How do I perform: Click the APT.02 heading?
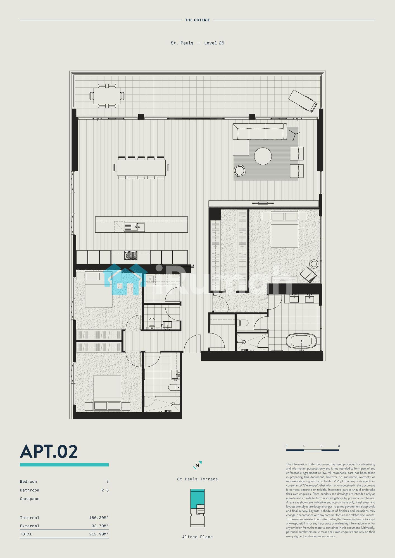coord(49,452)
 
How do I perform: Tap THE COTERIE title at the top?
coord(197,20)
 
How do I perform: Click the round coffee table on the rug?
coord(263,156)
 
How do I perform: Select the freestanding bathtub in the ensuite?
coord(301,341)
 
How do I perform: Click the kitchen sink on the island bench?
coord(134,227)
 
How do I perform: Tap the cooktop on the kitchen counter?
coord(131,255)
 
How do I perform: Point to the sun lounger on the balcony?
coord(303,101)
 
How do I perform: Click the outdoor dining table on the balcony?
coord(107,96)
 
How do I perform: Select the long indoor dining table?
coord(141,167)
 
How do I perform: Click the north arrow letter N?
coord(197,465)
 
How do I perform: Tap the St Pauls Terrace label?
coord(197,479)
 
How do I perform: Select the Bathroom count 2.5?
coord(105,490)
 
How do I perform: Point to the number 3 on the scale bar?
coord(339,446)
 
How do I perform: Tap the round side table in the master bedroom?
coord(314,264)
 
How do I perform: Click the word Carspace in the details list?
coord(30,499)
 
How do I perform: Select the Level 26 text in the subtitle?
coord(214,43)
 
